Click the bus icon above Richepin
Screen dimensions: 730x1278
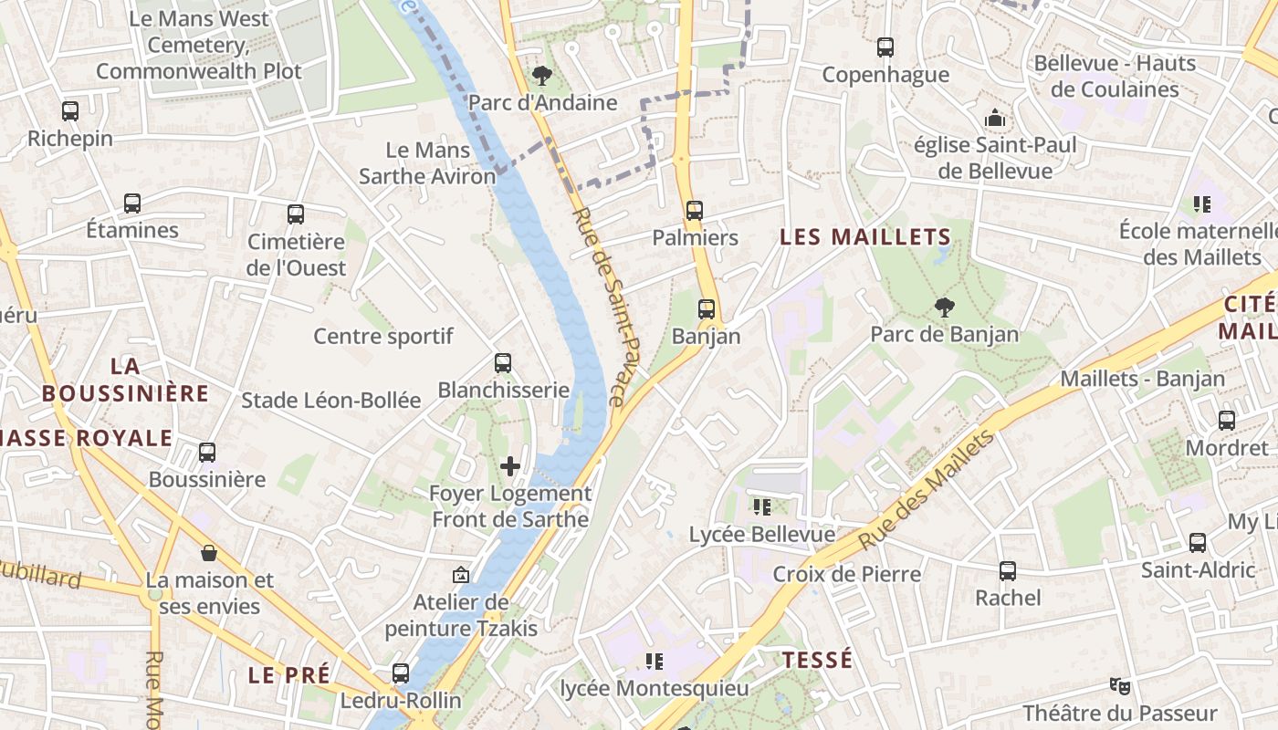point(70,111)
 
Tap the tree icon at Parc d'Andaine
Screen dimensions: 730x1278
point(542,74)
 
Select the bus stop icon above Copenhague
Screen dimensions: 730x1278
point(885,47)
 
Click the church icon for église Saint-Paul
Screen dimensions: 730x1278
point(995,118)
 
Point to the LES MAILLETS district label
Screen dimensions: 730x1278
point(865,237)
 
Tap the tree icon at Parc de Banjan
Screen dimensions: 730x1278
point(944,308)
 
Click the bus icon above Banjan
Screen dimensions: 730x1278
point(707,309)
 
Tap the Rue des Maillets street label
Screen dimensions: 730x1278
point(927,490)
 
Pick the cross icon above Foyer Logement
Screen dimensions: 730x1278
point(510,467)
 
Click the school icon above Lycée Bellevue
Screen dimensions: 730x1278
point(761,506)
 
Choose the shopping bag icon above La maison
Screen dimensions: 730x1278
point(209,553)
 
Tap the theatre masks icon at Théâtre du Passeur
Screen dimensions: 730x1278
point(1119,685)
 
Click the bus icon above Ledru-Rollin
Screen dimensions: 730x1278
point(401,673)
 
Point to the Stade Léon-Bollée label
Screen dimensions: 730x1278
point(330,400)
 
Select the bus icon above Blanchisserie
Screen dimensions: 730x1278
point(503,363)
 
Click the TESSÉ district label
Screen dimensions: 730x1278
point(818,660)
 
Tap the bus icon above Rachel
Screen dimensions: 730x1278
point(1008,571)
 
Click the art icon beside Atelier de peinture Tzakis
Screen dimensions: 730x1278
point(461,575)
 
